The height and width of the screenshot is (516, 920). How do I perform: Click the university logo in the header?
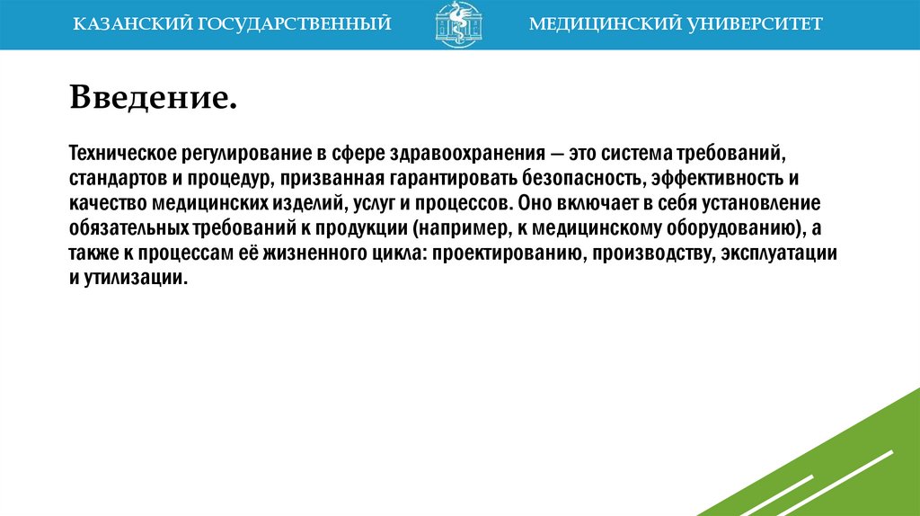coord(458,25)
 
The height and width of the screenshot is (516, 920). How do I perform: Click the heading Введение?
coord(154,96)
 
